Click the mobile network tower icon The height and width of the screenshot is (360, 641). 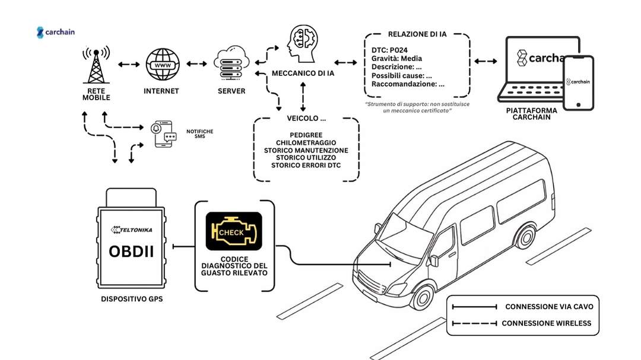point(96,65)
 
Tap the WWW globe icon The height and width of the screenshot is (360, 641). point(161,65)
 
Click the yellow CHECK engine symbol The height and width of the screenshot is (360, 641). point(233,231)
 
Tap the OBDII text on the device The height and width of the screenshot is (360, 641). point(131,251)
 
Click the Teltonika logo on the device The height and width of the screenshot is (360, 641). point(131,228)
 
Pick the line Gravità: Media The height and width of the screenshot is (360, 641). point(396,58)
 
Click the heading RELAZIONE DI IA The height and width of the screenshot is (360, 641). point(417,34)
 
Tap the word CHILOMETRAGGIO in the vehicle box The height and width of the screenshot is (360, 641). point(306,142)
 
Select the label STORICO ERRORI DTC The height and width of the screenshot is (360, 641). point(306,165)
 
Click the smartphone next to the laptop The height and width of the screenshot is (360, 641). point(578,82)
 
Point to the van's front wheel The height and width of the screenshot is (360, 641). point(422,295)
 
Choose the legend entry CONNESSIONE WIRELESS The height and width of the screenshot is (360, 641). point(547,323)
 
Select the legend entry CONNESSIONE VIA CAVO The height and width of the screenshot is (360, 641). point(548,307)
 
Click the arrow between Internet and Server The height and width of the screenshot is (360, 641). point(196,63)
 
